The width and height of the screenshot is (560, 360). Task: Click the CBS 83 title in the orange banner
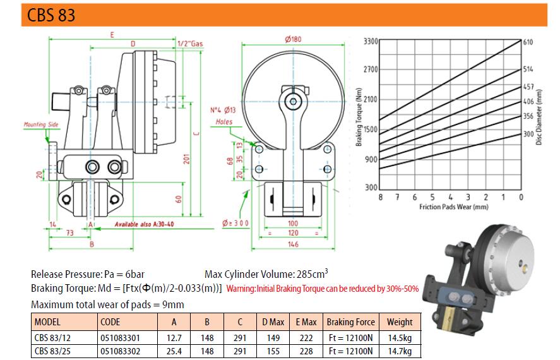51,15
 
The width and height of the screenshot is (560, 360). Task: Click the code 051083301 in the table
120,338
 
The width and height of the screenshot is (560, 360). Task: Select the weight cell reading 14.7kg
400,351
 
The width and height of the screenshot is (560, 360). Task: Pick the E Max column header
306,322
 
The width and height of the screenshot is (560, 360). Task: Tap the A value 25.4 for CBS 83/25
174,351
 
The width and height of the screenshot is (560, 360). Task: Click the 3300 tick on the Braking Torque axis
371,42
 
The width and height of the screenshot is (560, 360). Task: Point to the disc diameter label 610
528,42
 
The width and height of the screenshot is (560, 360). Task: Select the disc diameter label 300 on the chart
528,134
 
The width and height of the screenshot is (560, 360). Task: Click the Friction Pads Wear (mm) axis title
453,207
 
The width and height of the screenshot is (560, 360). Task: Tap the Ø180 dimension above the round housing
293,39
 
